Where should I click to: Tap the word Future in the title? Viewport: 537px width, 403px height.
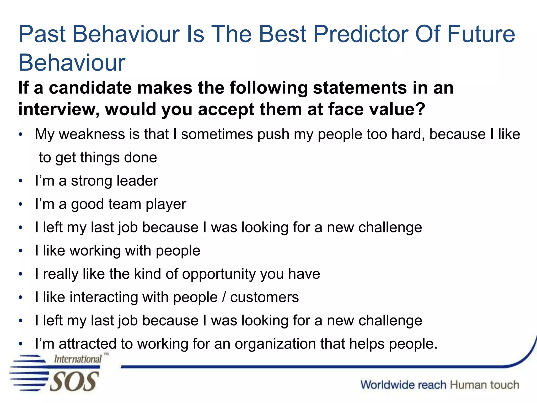(481, 34)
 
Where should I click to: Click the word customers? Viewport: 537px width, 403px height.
(264, 297)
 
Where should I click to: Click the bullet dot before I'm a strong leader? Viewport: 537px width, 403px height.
(21, 181)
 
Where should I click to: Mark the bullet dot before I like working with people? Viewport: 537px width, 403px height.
(21, 251)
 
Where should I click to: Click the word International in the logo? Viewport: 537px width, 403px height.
(78, 359)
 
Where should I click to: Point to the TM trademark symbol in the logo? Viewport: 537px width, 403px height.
(106, 354)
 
